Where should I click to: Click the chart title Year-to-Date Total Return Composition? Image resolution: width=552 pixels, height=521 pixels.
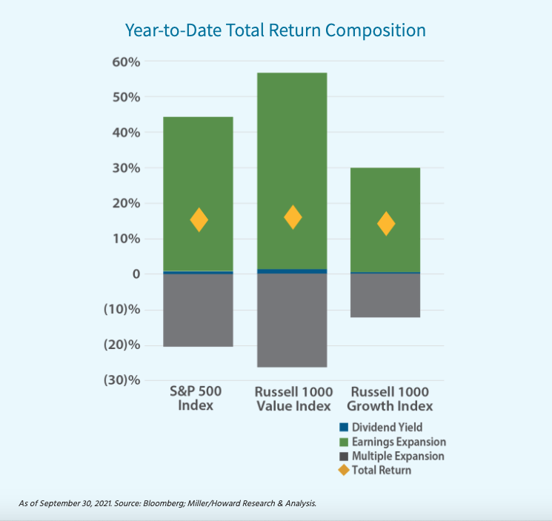point(276,30)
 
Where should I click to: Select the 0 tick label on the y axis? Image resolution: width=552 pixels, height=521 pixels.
point(136,274)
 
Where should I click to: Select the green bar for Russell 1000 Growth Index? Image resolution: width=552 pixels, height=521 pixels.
point(385,185)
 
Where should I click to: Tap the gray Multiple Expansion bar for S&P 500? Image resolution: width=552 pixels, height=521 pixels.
point(198,311)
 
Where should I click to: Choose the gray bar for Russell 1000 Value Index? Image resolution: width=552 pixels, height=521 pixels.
point(292,321)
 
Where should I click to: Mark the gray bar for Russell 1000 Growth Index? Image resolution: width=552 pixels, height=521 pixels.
point(385,296)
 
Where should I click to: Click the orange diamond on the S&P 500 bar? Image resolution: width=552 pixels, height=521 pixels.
point(199,220)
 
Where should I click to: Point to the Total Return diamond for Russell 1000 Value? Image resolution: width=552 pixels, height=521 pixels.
point(293,217)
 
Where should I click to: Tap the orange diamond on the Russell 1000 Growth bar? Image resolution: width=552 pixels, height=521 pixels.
point(386,224)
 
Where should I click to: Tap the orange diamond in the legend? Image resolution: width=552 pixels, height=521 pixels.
point(342,470)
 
